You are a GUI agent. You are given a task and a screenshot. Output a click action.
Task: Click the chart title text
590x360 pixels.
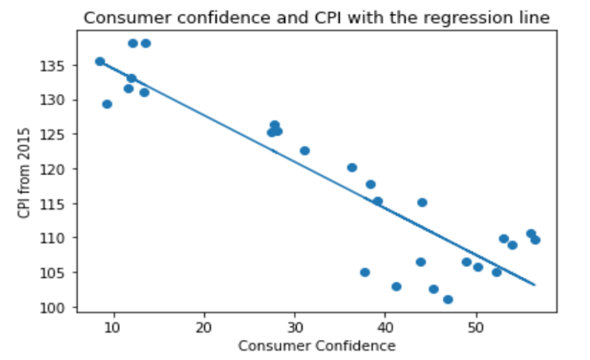click(317, 17)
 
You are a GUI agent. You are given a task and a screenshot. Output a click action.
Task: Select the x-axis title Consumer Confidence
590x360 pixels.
click(317, 346)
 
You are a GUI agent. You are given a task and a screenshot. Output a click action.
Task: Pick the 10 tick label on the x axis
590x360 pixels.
click(113, 327)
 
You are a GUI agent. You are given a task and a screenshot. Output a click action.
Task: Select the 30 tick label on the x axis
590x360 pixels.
click(295, 327)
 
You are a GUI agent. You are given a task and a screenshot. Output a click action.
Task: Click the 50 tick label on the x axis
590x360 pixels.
click(476, 327)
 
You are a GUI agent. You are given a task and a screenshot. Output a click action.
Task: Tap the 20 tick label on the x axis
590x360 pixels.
click(204, 327)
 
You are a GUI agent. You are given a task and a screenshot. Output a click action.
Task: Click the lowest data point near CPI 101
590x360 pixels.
click(448, 300)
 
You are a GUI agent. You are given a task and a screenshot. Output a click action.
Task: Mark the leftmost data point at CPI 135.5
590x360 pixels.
click(100, 61)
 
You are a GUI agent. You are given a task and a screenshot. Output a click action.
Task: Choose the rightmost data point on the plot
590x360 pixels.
click(535, 239)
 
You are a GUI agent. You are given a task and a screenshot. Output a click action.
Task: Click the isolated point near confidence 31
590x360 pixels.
click(305, 150)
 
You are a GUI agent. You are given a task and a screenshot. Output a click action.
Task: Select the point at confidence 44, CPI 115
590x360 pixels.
click(422, 203)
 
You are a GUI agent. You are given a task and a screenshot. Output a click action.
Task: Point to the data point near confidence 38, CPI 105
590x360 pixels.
click(365, 272)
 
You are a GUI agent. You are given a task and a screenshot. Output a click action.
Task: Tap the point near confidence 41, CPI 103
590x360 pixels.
click(396, 286)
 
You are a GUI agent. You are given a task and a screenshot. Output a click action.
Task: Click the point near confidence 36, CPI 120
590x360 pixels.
click(352, 168)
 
